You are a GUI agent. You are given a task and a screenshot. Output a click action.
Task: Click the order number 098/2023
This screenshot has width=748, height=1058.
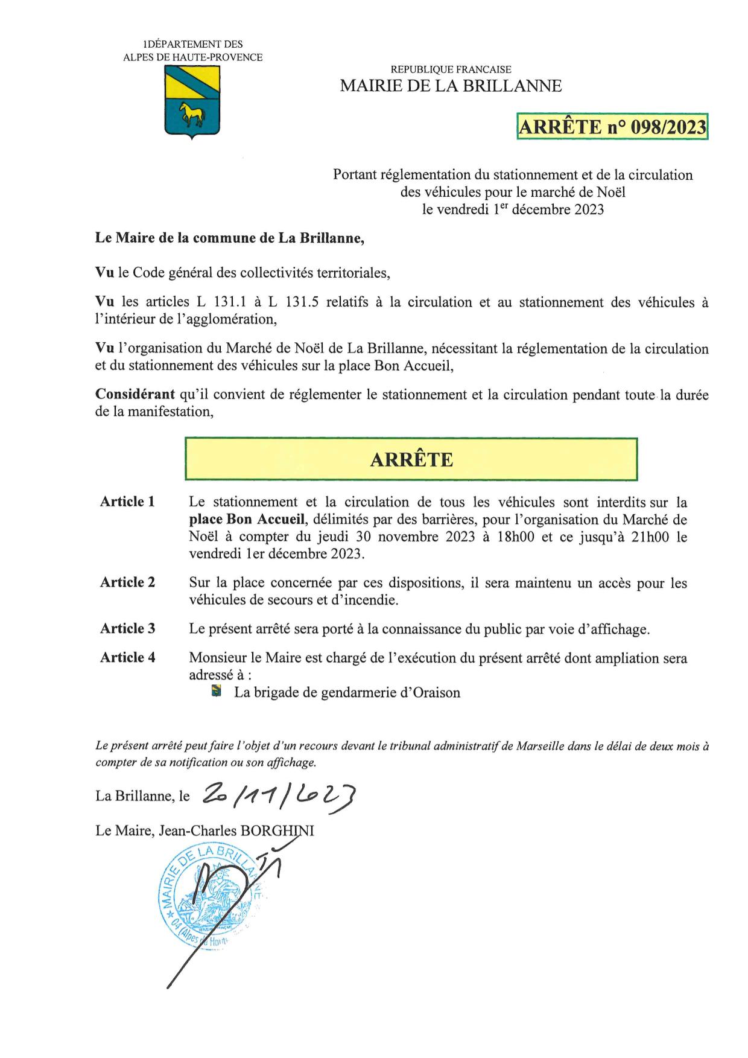click(x=667, y=127)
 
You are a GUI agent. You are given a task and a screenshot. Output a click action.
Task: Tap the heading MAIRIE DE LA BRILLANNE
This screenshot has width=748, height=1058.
click(x=451, y=86)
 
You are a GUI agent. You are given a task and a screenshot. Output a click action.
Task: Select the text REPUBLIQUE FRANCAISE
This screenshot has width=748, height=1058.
click(x=451, y=70)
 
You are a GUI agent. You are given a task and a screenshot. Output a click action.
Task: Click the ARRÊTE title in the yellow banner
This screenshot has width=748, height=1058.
click(x=411, y=460)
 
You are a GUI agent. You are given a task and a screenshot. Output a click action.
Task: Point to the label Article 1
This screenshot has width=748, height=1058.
click(x=127, y=502)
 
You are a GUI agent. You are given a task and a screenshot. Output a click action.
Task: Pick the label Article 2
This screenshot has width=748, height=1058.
click(x=127, y=582)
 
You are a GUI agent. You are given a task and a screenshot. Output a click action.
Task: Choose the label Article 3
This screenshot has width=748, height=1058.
click(x=127, y=629)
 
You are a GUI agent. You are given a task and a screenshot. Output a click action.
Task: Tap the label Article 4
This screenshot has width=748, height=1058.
click(x=127, y=658)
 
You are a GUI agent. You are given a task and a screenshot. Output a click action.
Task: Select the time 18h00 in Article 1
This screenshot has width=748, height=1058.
click(x=515, y=537)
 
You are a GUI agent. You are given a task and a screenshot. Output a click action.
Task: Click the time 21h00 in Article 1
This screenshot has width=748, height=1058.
click(x=649, y=537)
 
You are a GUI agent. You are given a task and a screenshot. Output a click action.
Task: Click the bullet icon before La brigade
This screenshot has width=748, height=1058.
click(x=217, y=692)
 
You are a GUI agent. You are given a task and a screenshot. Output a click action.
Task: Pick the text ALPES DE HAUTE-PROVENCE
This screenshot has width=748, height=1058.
click(x=192, y=57)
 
